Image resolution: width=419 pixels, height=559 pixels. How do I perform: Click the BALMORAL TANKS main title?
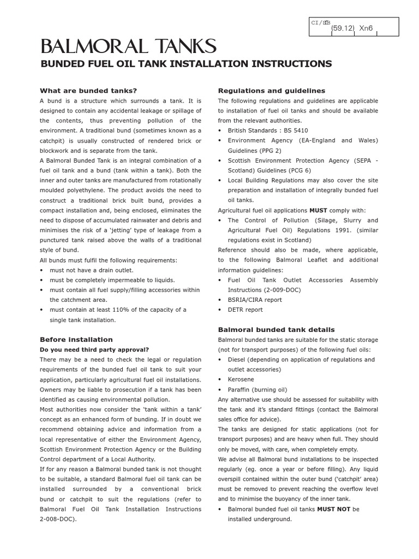[128, 46]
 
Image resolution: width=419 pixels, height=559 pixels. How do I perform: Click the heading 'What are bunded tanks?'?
[88, 91]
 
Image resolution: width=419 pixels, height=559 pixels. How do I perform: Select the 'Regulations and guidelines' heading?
[272, 91]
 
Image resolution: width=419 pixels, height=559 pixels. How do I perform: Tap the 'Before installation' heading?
[76, 340]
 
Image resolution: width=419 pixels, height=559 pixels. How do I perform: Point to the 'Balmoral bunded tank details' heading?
[277, 330]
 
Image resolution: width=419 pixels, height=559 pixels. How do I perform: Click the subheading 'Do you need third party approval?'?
[94, 349]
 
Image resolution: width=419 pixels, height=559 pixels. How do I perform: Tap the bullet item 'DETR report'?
[245, 310]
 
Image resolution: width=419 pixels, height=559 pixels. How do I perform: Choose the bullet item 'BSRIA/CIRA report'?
[255, 300]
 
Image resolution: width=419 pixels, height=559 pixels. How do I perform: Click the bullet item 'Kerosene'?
[241, 379]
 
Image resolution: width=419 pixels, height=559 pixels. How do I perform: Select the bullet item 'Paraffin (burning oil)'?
[257, 389]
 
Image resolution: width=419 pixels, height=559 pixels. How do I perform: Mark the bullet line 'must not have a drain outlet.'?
[91, 270]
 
